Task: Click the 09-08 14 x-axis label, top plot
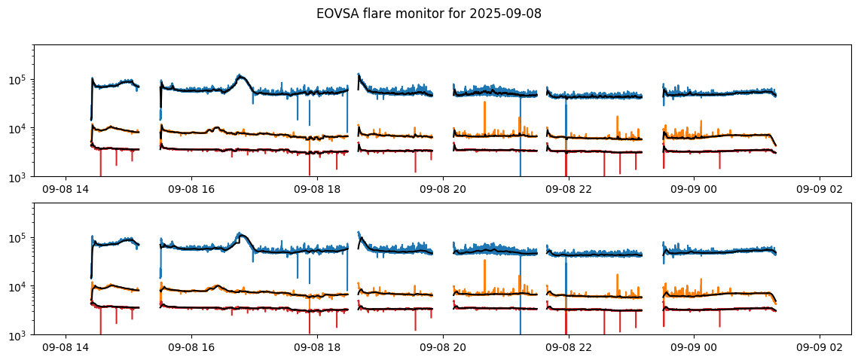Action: (66, 190)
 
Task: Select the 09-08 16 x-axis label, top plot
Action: (191, 190)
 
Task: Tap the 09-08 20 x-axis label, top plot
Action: (443, 190)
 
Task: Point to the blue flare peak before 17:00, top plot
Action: (240, 75)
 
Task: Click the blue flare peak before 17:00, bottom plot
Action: (240, 233)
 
